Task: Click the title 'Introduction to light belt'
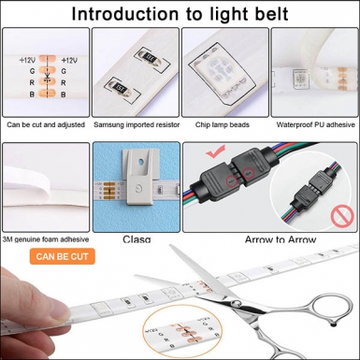(180, 14)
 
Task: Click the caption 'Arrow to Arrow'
(271, 239)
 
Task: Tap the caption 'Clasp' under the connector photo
(137, 239)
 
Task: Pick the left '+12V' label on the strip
(27, 60)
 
